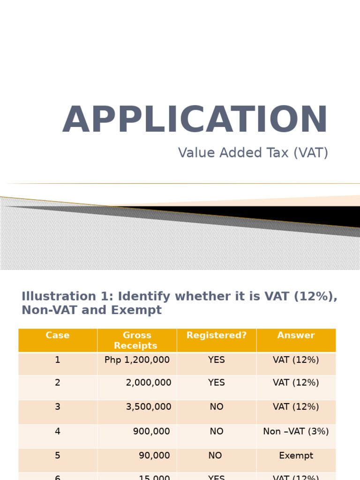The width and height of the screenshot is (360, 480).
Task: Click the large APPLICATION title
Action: (195, 120)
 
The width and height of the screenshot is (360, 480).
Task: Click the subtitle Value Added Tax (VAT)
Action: (253, 153)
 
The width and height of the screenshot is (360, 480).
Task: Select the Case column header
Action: (58, 336)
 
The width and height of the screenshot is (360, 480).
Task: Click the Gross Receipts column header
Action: (137, 341)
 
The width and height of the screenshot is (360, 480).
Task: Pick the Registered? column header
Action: (217, 336)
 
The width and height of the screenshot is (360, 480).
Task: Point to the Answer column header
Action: (296, 336)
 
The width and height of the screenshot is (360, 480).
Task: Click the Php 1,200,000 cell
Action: (137, 360)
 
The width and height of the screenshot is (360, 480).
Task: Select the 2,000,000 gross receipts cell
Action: (149, 383)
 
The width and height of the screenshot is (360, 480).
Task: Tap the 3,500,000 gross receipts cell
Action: (149, 407)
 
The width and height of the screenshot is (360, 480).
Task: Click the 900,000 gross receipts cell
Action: (151, 431)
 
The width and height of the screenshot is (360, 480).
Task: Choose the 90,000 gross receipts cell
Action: (154, 456)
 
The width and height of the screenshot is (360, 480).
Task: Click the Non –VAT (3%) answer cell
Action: (296, 431)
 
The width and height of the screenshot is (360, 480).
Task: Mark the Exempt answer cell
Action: (296, 456)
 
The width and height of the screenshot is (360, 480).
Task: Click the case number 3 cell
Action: (58, 407)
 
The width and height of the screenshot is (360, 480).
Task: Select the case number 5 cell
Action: (58, 456)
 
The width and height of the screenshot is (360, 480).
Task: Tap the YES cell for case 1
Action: (217, 360)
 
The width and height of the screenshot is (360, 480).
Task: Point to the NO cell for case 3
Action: (217, 407)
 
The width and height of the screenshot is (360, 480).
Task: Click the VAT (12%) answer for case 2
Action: (296, 383)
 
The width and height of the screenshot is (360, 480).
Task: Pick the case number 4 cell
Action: (58, 431)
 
